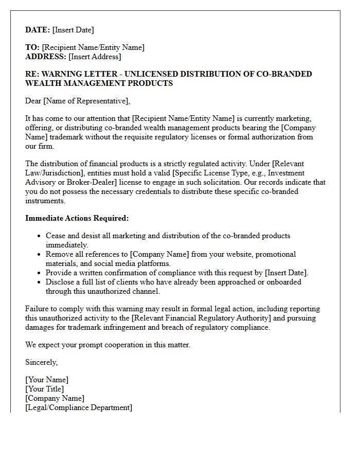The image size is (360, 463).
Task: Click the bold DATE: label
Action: tap(38, 30)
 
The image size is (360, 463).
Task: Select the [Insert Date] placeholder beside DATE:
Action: tap(73, 30)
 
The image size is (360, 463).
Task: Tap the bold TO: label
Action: tap(32, 47)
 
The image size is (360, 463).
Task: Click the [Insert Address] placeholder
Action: tap(95, 57)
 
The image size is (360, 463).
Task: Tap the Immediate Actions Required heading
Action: tap(77, 218)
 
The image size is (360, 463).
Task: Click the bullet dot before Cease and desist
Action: tap(40, 236)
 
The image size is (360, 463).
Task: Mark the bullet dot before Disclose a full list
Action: tap(40, 282)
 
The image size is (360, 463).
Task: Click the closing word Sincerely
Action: tap(41, 362)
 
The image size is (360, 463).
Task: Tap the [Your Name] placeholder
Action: tap(47, 380)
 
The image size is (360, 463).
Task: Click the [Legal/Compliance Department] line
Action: tap(79, 408)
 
